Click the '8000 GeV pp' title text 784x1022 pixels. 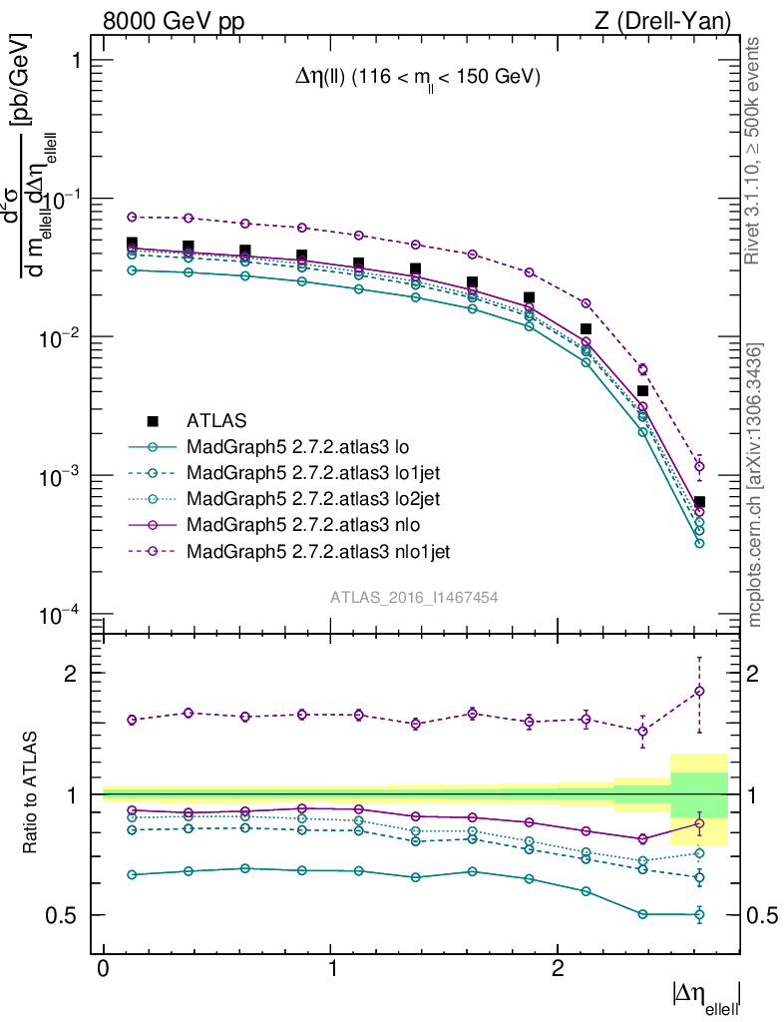(174, 21)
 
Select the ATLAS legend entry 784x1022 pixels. (216, 420)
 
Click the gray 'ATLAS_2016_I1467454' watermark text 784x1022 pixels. (414, 597)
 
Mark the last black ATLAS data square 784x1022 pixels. (699, 502)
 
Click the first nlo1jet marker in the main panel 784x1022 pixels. (131, 217)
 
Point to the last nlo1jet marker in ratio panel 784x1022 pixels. (699, 691)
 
